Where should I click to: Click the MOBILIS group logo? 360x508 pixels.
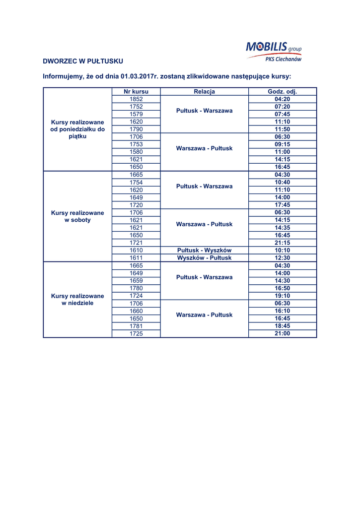273,48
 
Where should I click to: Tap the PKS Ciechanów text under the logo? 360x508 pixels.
283,59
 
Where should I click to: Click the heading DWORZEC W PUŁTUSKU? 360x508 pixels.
83,61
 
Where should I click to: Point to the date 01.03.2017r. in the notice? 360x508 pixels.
131,77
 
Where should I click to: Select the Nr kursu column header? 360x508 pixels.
136,92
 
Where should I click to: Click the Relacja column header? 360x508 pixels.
204,92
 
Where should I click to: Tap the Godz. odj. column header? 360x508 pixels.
282,92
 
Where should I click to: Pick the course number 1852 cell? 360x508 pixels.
136,99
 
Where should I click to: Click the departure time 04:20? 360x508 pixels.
282,99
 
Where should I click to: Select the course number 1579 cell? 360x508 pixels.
136,114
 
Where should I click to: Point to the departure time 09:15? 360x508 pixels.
282,144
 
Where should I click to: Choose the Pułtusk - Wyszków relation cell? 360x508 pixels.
204,251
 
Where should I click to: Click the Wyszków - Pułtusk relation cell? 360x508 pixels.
204,258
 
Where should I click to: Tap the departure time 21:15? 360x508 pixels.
282,243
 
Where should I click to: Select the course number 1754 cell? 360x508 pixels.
136,182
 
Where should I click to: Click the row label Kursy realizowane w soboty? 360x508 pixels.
77,216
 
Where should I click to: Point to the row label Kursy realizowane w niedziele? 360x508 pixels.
77,299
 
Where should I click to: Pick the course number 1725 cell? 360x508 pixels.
136,333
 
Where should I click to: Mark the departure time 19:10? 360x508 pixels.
282,296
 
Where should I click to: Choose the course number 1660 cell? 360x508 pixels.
136,311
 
